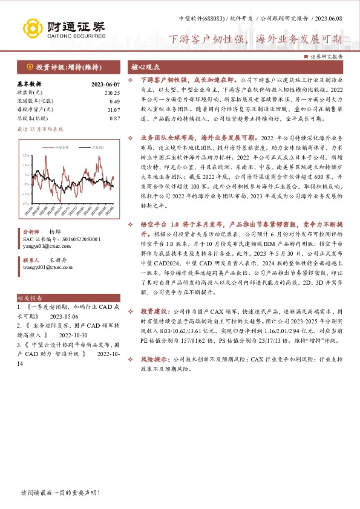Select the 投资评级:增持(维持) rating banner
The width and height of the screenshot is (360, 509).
pyautogui.click(x=65, y=67)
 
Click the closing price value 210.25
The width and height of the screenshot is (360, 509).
pyautogui.click(x=112, y=92)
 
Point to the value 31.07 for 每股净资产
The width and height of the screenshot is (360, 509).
pyautogui.click(x=113, y=109)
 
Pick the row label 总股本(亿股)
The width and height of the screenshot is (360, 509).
pyautogui.click(x=35, y=118)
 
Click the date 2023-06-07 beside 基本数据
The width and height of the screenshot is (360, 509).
pyautogui.click(x=105, y=84)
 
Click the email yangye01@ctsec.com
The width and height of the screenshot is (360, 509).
pyautogui.click(x=42, y=246)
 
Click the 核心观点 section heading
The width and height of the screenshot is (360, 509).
pyautogui.click(x=146, y=67)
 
